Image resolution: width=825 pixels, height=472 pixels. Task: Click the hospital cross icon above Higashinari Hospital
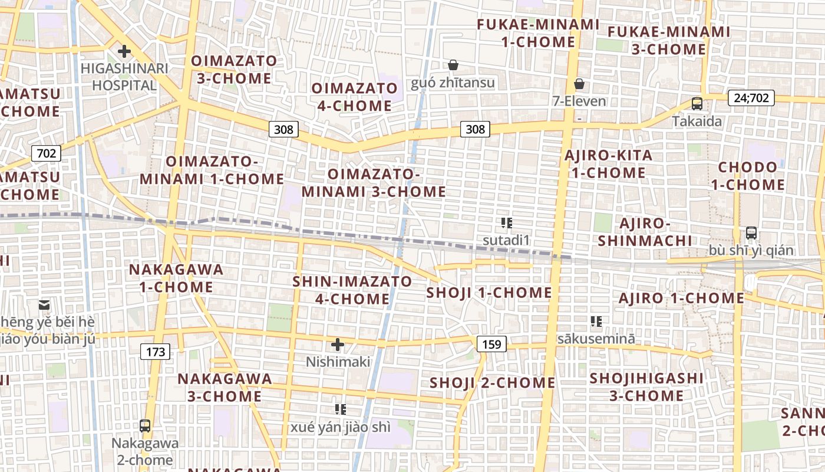tap(124, 51)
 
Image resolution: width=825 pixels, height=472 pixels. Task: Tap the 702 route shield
tap(46, 154)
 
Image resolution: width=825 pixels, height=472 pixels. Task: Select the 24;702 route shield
tap(751, 98)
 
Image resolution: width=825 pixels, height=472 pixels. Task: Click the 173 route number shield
tap(156, 352)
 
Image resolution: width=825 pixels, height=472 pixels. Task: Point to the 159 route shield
tap(491, 344)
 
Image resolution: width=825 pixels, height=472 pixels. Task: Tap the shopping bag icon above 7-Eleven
tap(579, 84)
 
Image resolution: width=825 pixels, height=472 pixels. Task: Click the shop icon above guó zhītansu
tap(453, 65)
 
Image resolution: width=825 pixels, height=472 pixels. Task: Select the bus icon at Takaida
tap(697, 104)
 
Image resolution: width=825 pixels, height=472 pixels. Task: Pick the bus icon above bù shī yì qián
tap(751, 232)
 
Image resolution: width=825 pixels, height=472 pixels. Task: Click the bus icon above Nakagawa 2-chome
tap(144, 425)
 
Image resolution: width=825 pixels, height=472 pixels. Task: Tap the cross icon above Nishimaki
tap(338, 344)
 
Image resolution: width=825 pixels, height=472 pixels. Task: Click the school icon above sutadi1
tap(507, 223)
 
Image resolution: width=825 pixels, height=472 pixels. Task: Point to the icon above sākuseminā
tap(596, 322)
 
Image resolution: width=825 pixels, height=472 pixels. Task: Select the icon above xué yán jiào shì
tap(340, 409)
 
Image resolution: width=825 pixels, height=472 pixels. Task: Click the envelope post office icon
tap(44, 305)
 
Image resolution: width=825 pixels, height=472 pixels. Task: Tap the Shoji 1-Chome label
tap(489, 293)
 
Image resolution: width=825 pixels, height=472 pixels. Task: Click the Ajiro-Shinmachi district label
tap(645, 232)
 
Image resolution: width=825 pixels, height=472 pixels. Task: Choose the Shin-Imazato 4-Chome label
tap(352, 290)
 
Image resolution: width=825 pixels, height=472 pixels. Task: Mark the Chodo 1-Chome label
tap(748, 176)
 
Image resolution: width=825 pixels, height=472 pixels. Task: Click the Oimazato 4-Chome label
tap(355, 97)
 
